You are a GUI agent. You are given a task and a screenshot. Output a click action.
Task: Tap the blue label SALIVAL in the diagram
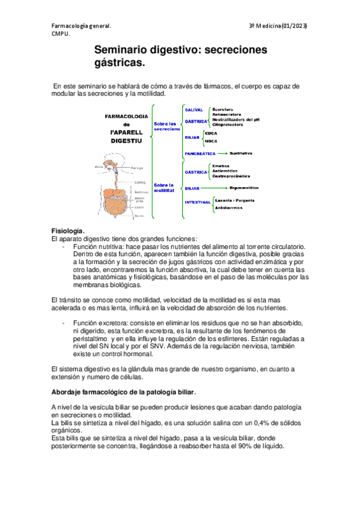point(194,110)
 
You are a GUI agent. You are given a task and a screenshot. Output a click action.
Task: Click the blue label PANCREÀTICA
point(200,153)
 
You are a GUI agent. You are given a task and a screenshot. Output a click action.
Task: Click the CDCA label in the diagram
point(211,132)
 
